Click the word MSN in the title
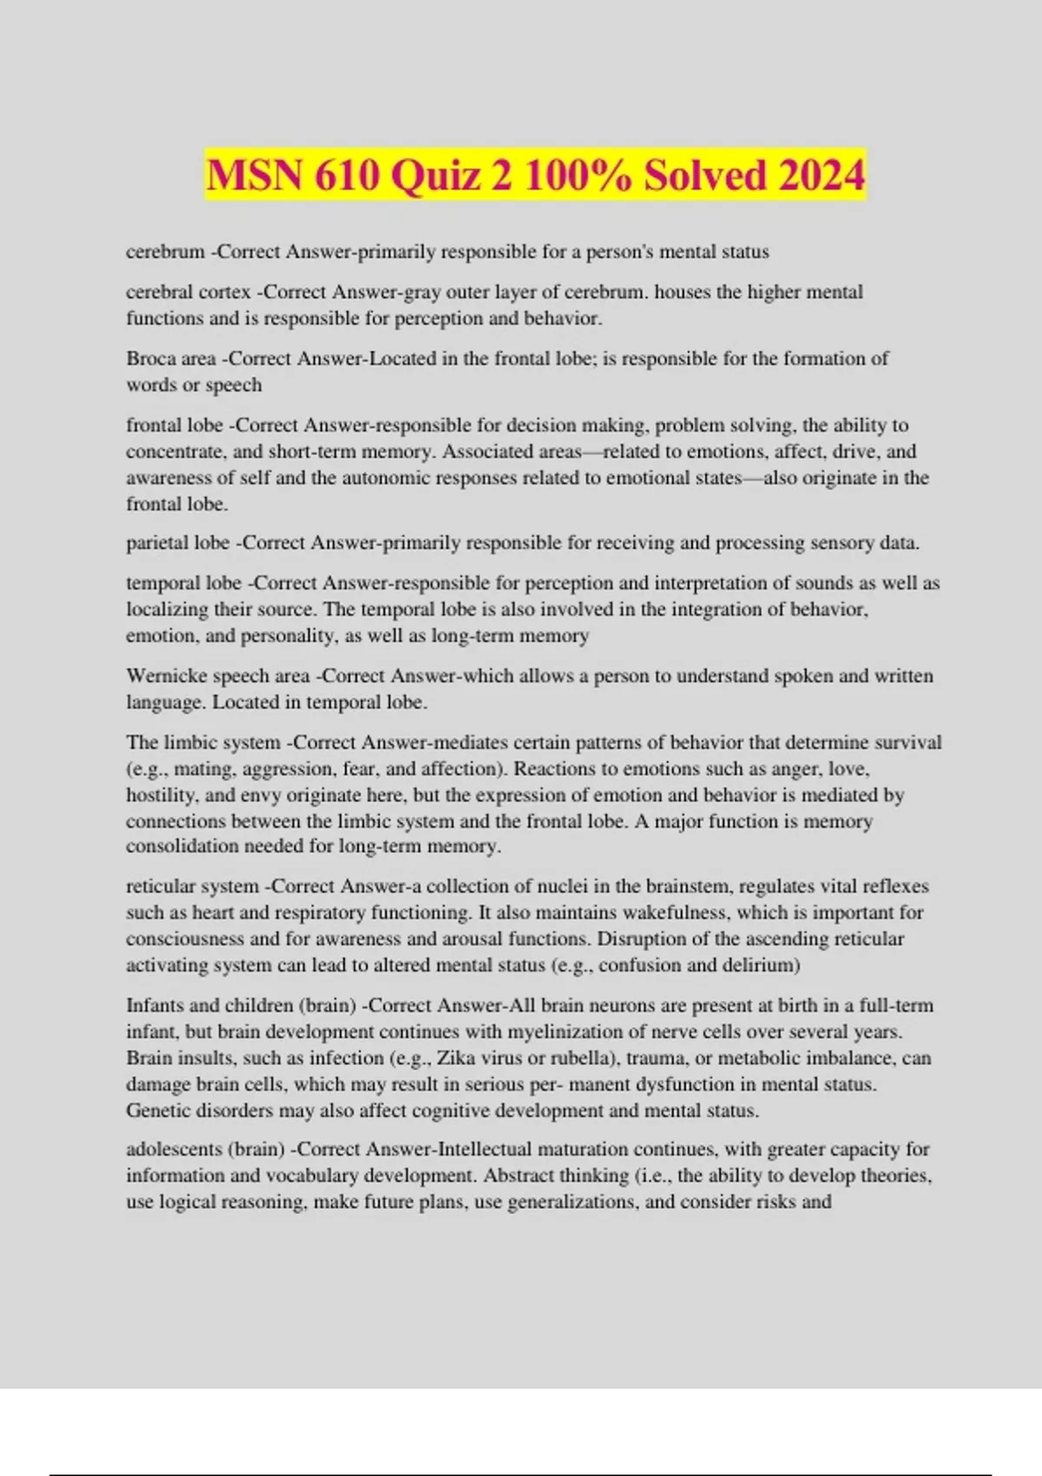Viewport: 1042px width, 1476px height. coord(254,175)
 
